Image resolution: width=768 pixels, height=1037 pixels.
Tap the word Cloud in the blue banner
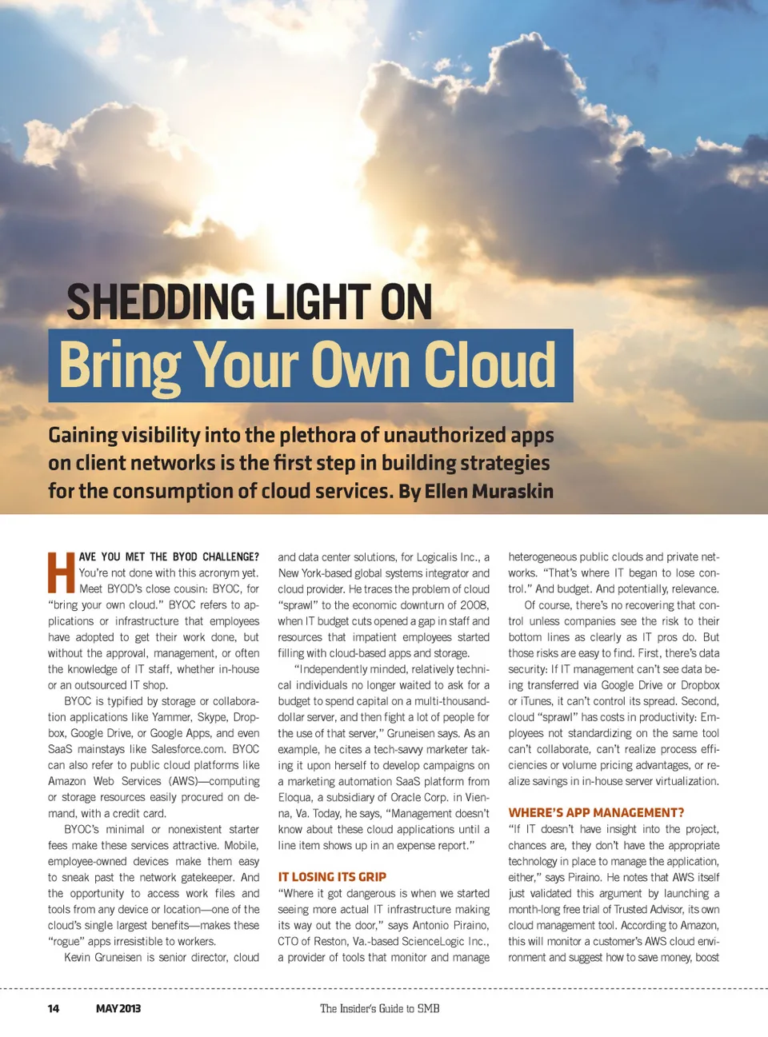489,365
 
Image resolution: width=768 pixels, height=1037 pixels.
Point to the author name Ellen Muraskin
489,491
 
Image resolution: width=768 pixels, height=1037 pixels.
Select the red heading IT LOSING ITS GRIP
332,877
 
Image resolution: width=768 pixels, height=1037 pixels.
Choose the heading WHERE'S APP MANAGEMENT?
596,813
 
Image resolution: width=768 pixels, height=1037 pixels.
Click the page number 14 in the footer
54,1008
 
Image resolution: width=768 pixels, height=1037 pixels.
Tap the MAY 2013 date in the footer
118,1008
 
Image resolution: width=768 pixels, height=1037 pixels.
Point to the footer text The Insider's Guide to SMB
380,1008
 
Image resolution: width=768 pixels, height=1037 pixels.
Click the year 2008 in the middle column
474,605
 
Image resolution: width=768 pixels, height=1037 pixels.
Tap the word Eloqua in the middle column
295,797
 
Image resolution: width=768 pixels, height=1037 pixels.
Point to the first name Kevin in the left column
81,957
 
